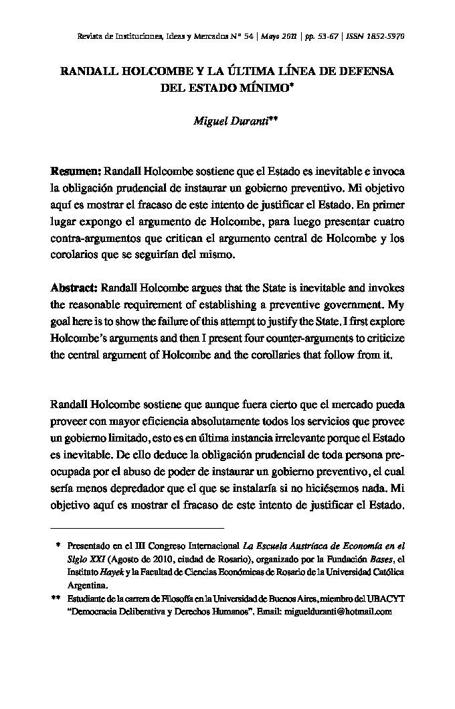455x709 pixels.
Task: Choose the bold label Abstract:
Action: tap(74, 288)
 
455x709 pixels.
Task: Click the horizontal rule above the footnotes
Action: tap(137, 527)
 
